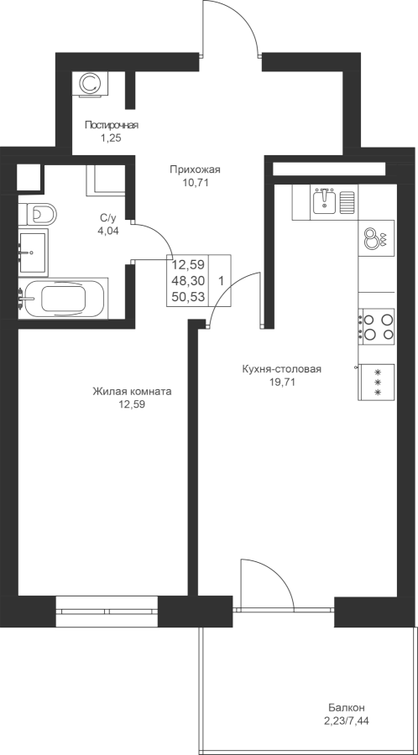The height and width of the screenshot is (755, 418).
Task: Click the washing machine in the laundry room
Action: [x=90, y=84]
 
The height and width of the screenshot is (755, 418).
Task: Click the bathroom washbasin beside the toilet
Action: [x=34, y=252]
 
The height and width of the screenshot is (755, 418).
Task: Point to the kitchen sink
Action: [x=325, y=200]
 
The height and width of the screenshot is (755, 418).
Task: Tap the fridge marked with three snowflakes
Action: [x=377, y=382]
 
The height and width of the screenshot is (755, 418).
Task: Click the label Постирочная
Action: [x=112, y=126]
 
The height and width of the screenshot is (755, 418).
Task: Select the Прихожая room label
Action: [x=195, y=169]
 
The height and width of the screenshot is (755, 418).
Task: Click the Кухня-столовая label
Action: [x=282, y=369]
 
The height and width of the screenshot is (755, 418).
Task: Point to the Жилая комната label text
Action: [x=132, y=392]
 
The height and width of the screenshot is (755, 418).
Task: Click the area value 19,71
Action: [x=282, y=383]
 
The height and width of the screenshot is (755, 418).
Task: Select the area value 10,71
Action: [x=195, y=183]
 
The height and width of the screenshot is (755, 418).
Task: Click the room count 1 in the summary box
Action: [x=221, y=281]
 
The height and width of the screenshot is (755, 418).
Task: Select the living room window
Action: [x=107, y=612]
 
